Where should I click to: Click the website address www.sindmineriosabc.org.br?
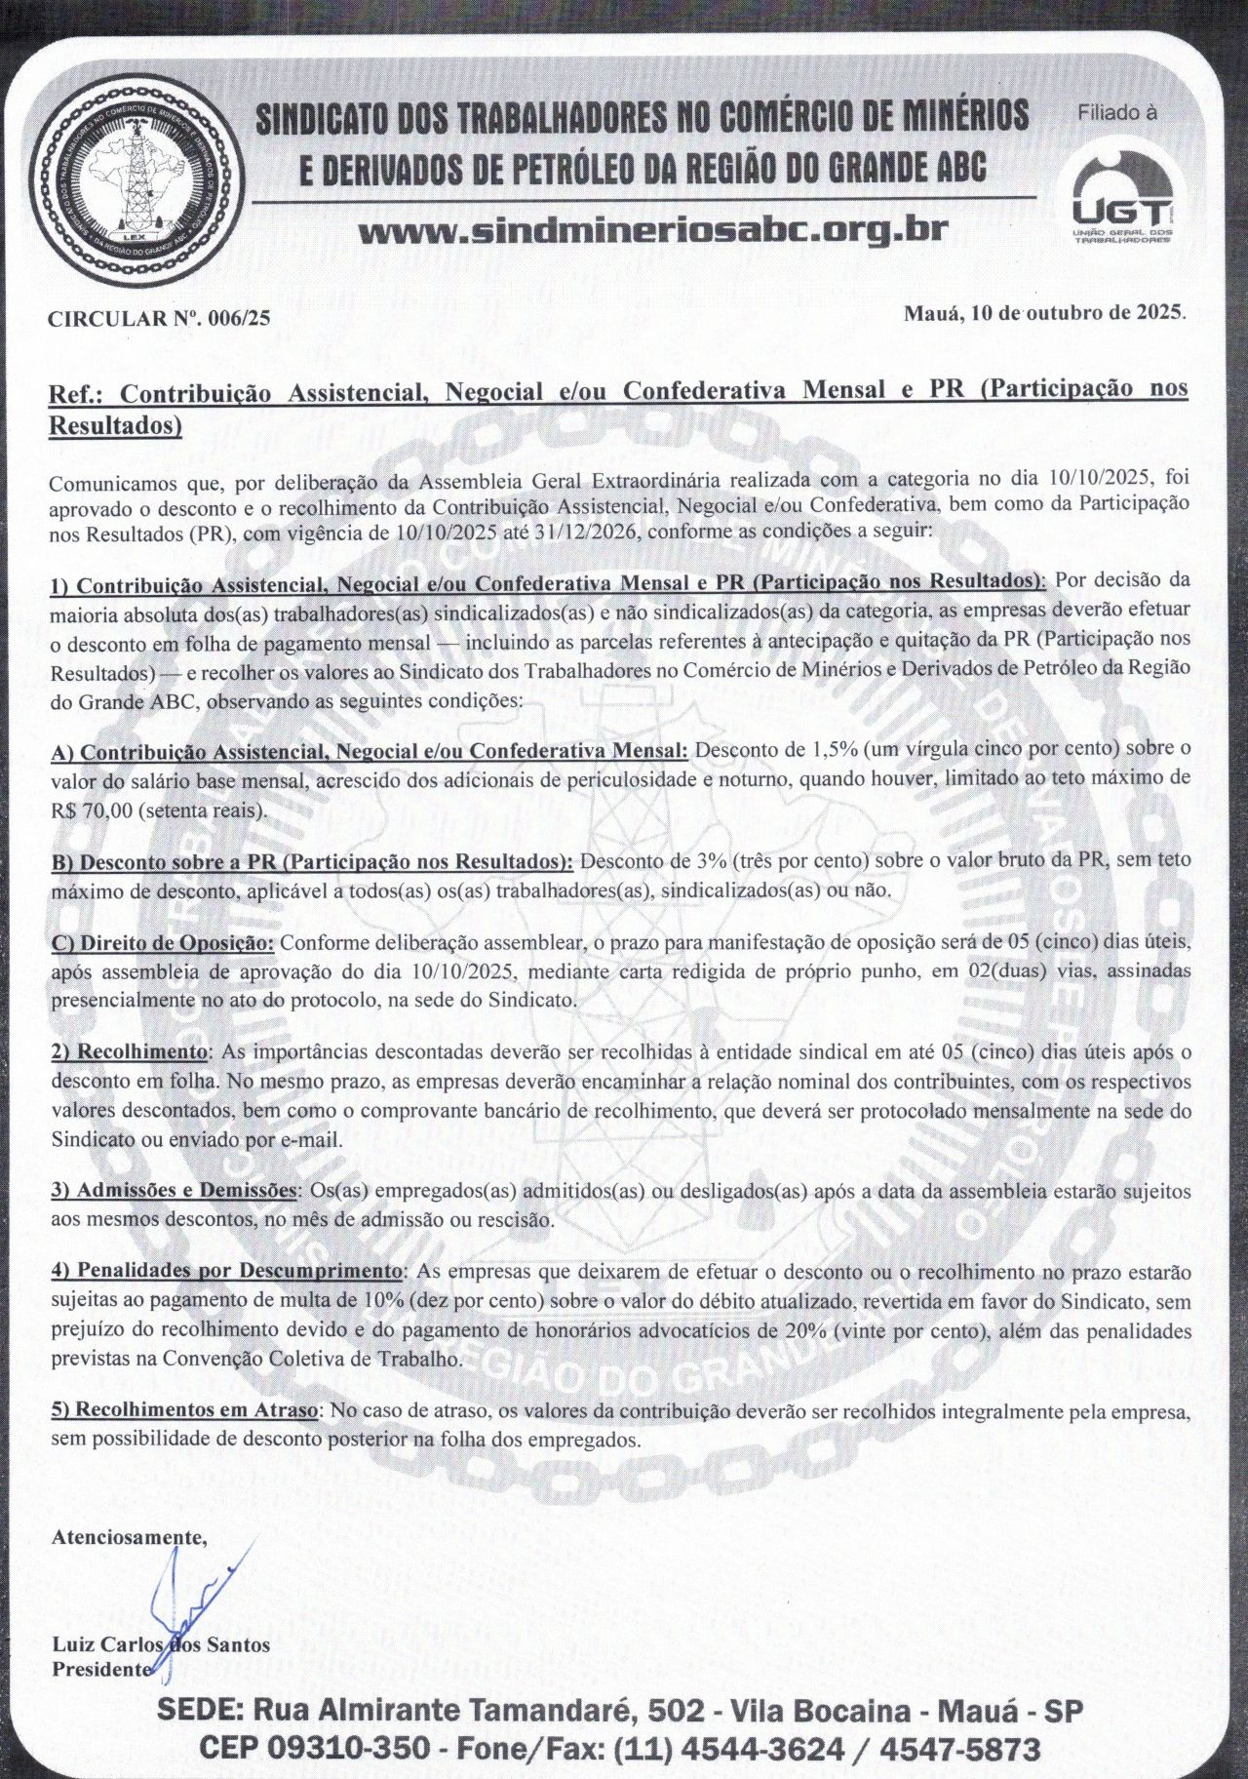653,231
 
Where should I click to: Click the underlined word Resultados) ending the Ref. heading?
116,425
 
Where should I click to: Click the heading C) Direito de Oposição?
163,943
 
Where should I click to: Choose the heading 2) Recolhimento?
130,1053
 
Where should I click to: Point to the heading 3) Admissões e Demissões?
175,1192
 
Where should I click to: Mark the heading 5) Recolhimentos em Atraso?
184,1410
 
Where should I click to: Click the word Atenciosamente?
128,1537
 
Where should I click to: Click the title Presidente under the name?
101,1669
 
